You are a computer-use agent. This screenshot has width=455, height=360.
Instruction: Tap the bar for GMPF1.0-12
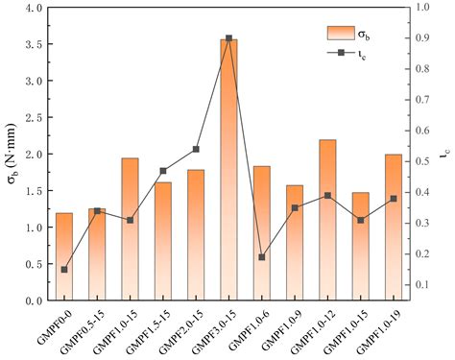pos(328,220)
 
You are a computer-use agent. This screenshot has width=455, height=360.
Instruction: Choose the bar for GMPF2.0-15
pos(196,235)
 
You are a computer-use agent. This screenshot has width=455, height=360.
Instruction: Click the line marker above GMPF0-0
pos(63,270)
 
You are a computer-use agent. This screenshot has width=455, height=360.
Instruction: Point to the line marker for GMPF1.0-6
pos(262,257)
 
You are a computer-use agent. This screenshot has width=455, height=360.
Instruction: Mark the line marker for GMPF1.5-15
pos(163,171)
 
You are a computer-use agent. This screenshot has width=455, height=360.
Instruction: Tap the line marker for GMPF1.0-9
pos(295,207)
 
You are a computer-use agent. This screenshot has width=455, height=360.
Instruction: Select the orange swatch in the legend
pos(341,33)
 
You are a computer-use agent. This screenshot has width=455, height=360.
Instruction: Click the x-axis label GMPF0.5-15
pos(82,326)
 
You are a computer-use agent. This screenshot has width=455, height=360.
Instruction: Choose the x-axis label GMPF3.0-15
pos(213,326)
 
